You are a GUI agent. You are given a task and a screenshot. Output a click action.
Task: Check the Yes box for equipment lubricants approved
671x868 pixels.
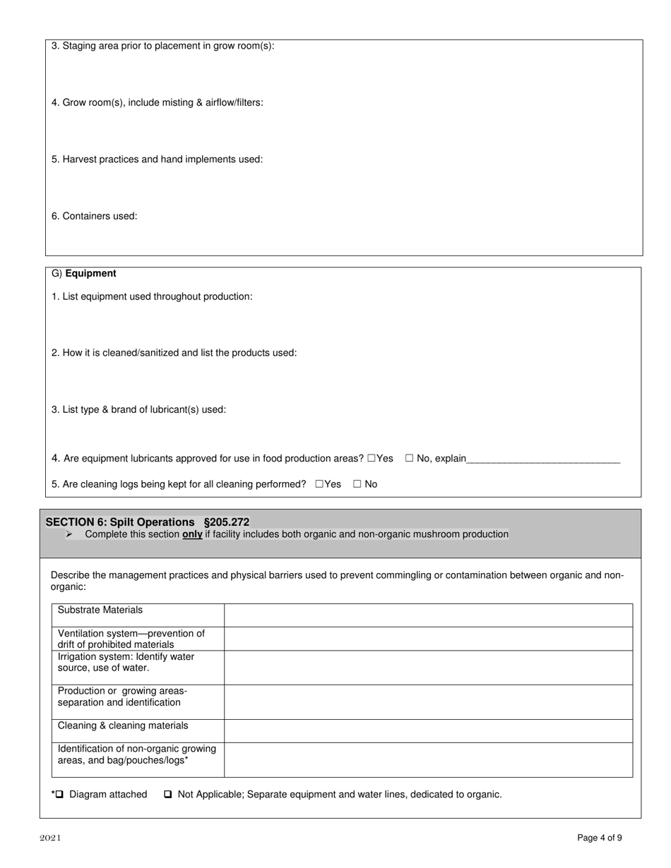pyautogui.click(x=372, y=459)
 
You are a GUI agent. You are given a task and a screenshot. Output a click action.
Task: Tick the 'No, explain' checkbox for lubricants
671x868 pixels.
pyautogui.click(x=409, y=459)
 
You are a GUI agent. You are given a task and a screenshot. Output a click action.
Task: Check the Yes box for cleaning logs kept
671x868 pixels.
pyautogui.click(x=319, y=484)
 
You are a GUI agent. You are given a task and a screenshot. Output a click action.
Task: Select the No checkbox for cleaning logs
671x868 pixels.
pyautogui.click(x=357, y=484)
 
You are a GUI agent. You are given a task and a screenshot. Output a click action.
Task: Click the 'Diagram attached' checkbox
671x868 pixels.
pyautogui.click(x=59, y=795)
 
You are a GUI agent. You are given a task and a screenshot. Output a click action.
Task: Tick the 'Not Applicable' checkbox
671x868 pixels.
pyautogui.click(x=168, y=795)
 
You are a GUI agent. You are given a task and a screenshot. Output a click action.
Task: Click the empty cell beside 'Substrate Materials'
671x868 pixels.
pyautogui.click(x=428, y=615)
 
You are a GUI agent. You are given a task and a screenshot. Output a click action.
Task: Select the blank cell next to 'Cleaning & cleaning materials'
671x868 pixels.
pyautogui.click(x=428, y=731)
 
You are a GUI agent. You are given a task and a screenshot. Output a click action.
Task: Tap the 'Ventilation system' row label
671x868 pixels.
pyautogui.click(x=131, y=639)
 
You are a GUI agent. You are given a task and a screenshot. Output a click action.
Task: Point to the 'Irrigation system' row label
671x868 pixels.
pyautogui.click(x=126, y=662)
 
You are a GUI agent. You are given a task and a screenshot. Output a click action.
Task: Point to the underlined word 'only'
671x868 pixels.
pyautogui.click(x=192, y=534)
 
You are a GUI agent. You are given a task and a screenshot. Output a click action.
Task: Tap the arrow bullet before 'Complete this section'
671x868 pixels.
pyautogui.click(x=69, y=534)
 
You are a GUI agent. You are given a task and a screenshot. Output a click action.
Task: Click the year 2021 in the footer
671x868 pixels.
pyautogui.click(x=50, y=838)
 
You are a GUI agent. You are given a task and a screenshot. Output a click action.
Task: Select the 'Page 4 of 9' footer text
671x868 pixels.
pyautogui.click(x=599, y=838)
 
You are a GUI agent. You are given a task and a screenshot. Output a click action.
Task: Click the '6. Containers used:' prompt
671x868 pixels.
pyautogui.click(x=94, y=216)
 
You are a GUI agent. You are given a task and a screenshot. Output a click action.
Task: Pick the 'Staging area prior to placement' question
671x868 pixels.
pyautogui.click(x=162, y=46)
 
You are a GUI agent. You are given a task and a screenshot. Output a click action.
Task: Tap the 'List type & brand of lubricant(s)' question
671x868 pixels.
pyautogui.click(x=138, y=409)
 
